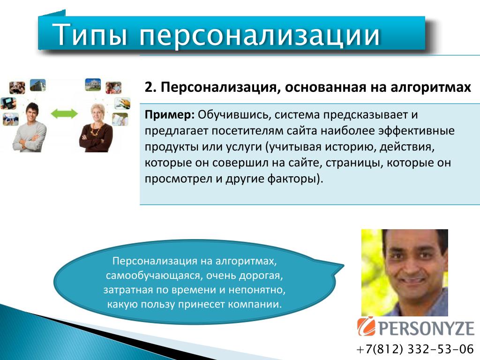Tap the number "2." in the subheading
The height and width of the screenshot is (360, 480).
click(150, 87)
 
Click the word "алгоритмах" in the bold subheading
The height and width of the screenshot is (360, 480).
click(431, 88)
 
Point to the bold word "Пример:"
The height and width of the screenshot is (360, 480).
click(170, 115)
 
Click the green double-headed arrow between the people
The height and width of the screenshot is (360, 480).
click(64, 113)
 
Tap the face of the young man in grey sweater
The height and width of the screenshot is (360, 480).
click(32, 113)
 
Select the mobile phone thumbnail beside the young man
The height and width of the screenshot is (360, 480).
click(8, 104)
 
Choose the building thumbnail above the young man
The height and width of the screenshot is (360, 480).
click(38, 85)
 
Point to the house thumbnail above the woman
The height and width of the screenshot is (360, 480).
click(93, 85)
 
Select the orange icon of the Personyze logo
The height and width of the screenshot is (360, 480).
click(366, 326)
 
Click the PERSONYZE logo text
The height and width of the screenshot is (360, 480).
click(427, 328)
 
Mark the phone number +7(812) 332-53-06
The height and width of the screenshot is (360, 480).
click(415, 349)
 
